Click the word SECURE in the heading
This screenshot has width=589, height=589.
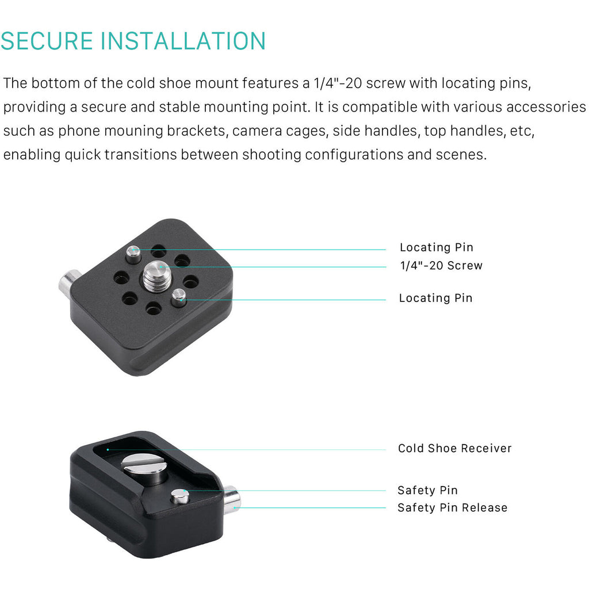[47, 41]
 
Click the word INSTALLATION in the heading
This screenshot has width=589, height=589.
[183, 41]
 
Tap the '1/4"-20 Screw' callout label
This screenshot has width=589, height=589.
[441, 266]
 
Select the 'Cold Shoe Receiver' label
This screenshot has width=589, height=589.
[454, 448]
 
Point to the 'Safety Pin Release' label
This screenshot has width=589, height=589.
[452, 508]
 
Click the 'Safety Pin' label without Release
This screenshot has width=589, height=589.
[427, 490]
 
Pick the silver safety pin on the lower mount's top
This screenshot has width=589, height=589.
[180, 496]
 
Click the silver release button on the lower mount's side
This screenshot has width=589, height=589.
[232, 500]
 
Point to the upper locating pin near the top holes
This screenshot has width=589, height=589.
[133, 255]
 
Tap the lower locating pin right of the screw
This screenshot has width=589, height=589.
[179, 297]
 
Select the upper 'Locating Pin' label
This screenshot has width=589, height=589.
[437, 247]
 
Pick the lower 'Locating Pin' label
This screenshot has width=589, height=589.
[436, 299]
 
